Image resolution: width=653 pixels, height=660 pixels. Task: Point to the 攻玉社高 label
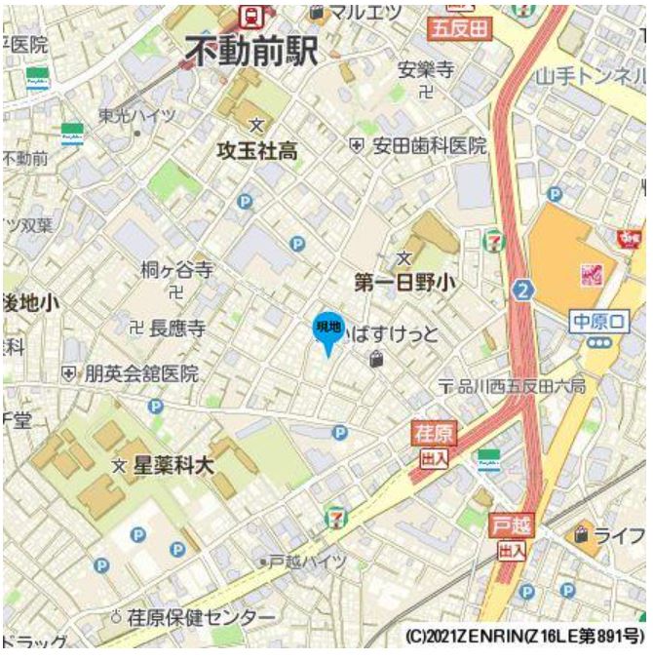[257, 151]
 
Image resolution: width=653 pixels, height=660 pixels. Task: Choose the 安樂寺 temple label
[426, 71]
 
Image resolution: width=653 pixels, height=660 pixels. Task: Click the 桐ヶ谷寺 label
[176, 270]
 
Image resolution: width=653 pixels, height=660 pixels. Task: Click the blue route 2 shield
[524, 290]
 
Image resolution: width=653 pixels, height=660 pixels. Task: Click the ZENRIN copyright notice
[522, 636]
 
